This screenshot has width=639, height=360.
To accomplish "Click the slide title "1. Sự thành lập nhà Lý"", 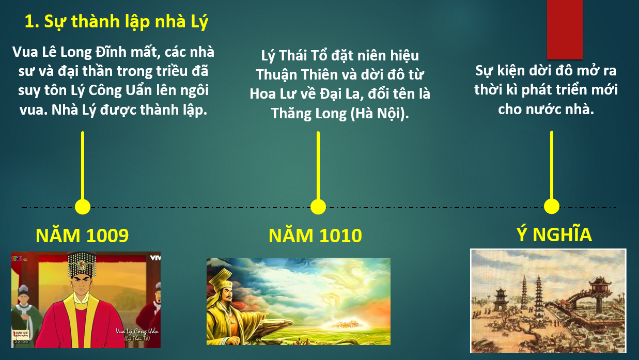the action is click(116, 22).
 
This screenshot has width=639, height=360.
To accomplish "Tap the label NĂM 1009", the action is click(82, 236).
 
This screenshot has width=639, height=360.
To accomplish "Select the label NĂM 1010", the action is click(315, 236).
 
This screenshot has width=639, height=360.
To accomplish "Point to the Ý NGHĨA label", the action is click(554, 234).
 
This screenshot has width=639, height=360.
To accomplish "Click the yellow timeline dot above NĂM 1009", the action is click(83, 207).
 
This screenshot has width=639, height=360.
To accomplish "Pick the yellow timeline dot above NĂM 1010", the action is click(318, 207).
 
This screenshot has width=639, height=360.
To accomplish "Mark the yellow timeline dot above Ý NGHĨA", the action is click(551, 206).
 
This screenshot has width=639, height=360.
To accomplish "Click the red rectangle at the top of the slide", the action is click(565, 29).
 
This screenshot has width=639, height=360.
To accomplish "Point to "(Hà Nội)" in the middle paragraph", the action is click(380, 113).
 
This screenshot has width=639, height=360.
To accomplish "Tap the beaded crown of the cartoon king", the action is click(82, 264).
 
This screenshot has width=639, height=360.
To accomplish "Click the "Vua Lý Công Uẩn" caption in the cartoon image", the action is click(137, 332).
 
